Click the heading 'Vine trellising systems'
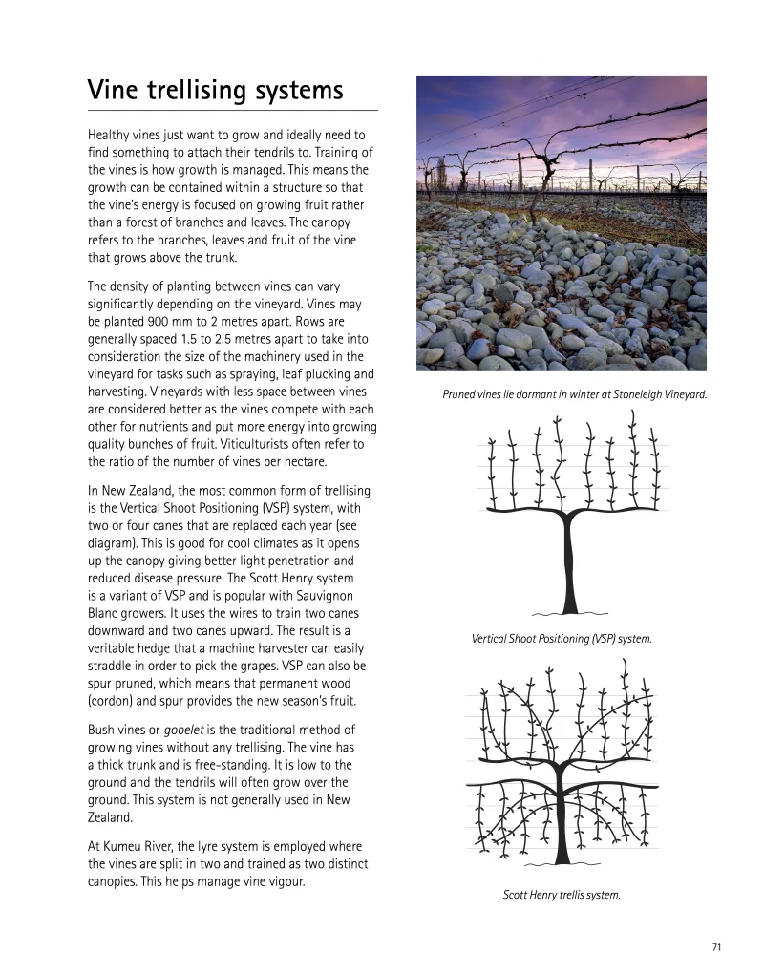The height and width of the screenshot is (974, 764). click(215, 91)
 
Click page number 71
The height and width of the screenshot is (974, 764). click(716, 946)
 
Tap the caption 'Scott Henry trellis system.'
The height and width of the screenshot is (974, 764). click(562, 895)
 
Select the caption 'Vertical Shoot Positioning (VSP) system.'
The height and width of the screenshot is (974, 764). click(562, 638)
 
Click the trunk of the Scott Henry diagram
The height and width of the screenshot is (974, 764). click(569, 821)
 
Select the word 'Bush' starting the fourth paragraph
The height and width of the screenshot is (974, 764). click(102, 730)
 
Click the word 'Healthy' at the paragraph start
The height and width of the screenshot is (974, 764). click(109, 135)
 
